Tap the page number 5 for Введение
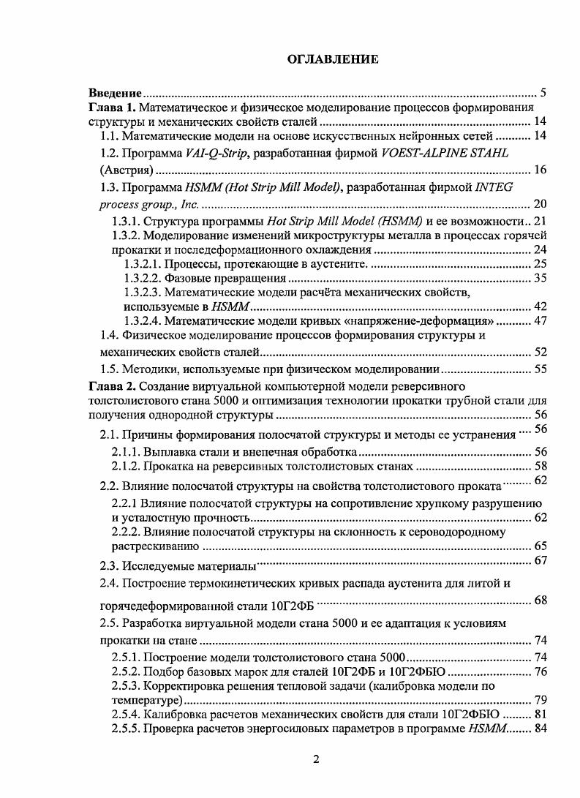[543, 93]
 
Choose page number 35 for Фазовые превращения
[541, 279]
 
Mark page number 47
[541, 320]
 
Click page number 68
[541, 601]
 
